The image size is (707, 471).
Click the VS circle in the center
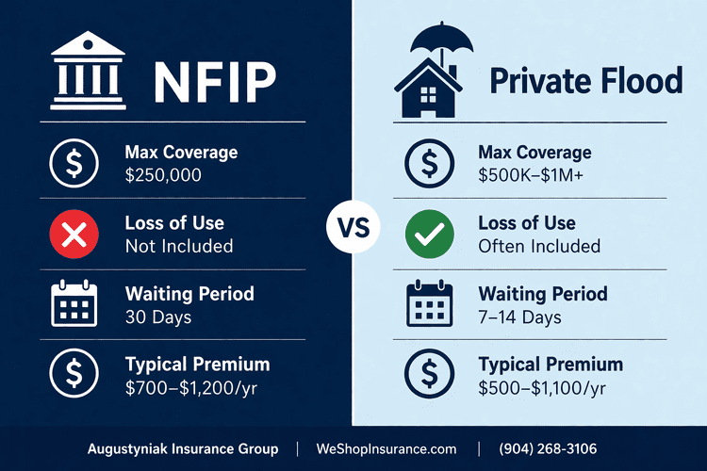click(353, 228)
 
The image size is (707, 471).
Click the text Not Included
click(178, 246)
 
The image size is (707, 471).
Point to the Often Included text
click(538, 246)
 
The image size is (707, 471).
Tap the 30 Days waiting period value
click(158, 317)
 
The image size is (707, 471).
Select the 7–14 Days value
click(519, 317)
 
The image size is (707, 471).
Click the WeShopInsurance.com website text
click(387, 449)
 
